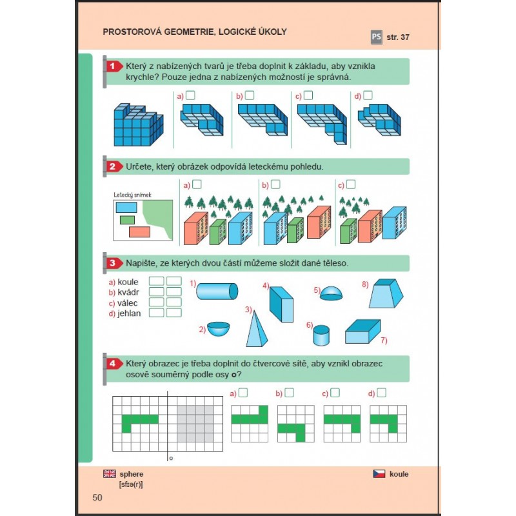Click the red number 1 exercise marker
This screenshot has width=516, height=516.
[x=112, y=66]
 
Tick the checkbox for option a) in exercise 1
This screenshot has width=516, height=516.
[x=190, y=95]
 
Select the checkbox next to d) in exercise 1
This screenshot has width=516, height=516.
[x=368, y=95]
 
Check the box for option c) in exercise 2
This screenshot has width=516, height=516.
[x=351, y=184]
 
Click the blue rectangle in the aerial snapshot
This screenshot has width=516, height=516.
[x=126, y=207]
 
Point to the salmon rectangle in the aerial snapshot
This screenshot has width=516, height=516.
[x=139, y=232]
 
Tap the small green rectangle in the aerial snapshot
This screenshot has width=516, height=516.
[x=127, y=220]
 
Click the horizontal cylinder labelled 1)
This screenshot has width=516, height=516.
[x=217, y=292]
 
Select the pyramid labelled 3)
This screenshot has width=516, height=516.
[x=257, y=329]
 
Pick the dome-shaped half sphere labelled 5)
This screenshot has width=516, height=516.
[x=331, y=293]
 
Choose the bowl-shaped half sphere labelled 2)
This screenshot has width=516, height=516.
[x=219, y=329]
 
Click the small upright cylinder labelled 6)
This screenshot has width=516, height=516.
[x=321, y=335]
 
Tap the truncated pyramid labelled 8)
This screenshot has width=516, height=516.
[x=386, y=293]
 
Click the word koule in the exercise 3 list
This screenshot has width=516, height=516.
[x=128, y=282]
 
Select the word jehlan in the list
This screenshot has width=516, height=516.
[x=129, y=313]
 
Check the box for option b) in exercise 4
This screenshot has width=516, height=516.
[x=289, y=393]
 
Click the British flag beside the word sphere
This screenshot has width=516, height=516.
[x=110, y=473]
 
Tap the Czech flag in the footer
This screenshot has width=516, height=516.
[x=379, y=473]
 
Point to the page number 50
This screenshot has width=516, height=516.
[x=97, y=497]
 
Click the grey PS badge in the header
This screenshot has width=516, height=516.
[x=377, y=37]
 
